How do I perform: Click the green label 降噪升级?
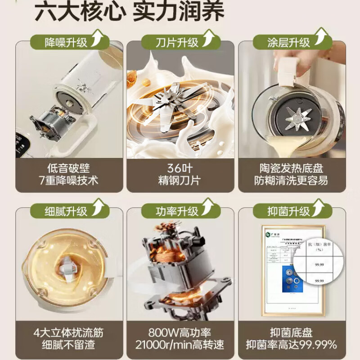pos(66,43)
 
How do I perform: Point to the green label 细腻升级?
pos(66,211)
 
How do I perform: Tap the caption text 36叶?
pos(180,169)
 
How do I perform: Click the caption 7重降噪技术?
pos(69,181)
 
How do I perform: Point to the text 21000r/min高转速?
pos(180,346)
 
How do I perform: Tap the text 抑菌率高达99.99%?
pos(291,346)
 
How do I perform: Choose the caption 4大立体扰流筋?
pos(69,333)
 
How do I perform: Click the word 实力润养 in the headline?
pos(178,12)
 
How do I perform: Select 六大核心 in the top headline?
pos(79,12)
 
